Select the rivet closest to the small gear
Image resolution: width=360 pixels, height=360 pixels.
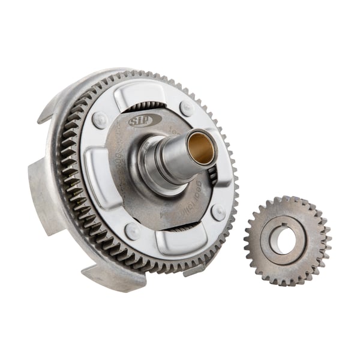point(218,211)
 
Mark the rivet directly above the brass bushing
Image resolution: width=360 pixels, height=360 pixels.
point(187,109)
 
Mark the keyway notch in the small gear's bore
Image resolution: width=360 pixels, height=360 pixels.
point(281,227)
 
